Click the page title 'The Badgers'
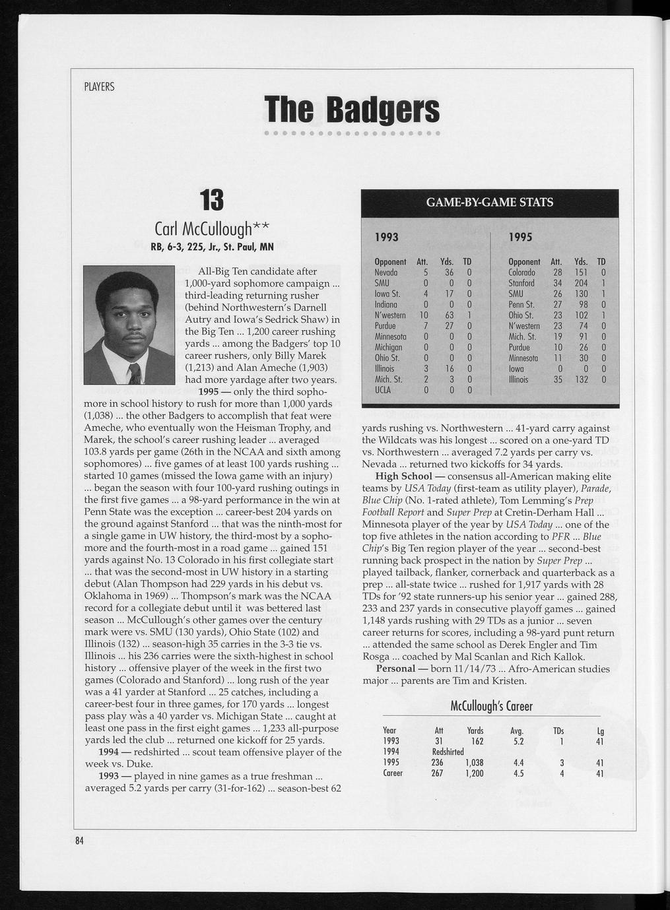[x=351, y=110]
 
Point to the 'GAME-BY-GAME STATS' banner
[x=489, y=202]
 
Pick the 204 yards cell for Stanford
[x=581, y=283]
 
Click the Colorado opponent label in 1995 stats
[x=523, y=273]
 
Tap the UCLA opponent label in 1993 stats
[x=383, y=390]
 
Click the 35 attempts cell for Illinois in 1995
[x=557, y=379]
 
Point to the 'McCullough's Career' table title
[x=491, y=706]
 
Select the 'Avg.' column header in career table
[x=517, y=731]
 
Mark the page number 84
[x=79, y=840]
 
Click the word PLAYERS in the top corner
[x=99, y=87]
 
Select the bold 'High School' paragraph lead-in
[x=403, y=476]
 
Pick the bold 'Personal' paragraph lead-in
[x=395, y=669]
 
